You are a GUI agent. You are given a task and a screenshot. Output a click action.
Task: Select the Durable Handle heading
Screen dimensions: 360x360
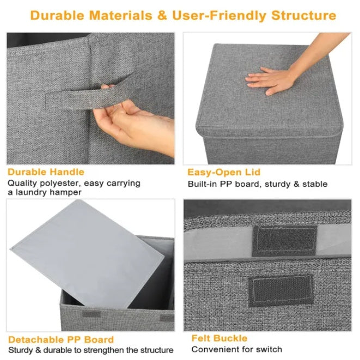pyautogui.click(x=46, y=172)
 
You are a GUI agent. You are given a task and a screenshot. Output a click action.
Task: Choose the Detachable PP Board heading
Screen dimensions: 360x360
pyautogui.click(x=61, y=339)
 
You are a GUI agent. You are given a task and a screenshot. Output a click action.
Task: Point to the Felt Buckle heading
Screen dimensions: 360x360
pyautogui.click(x=219, y=338)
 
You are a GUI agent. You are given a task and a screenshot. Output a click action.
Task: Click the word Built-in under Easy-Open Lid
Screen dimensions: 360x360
pyautogui.click(x=203, y=184)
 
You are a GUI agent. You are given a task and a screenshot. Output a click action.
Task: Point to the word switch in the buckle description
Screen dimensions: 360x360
pyautogui.click(x=269, y=349)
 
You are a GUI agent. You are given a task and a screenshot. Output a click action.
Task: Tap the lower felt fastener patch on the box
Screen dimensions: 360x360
pyautogui.click(x=280, y=288)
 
